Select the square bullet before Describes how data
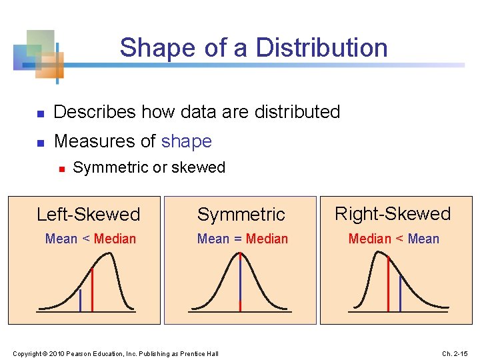39,113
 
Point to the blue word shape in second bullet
186,141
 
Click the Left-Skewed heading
88,215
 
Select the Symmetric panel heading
241,215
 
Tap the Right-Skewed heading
393,214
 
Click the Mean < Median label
90,239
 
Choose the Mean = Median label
243,239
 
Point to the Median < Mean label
394,239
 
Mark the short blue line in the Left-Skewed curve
80,301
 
